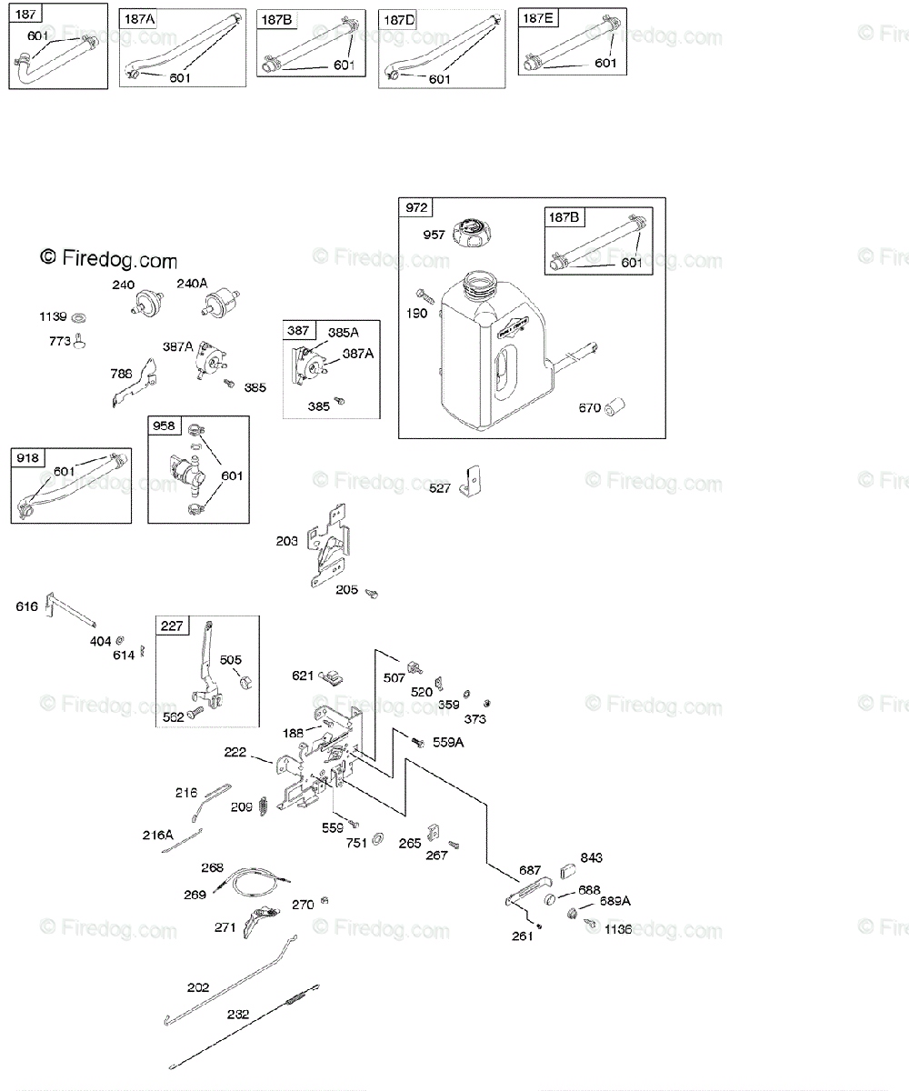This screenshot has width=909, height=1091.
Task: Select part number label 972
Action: click(x=415, y=208)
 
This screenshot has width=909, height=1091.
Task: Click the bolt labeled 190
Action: click(x=422, y=294)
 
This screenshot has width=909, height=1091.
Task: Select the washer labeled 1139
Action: click(x=80, y=317)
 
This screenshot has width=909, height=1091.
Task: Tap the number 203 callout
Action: click(x=287, y=541)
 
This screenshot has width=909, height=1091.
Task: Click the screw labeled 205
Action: click(x=371, y=594)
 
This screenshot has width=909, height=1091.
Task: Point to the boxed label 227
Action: click(x=172, y=626)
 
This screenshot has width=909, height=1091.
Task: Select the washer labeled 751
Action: click(x=378, y=836)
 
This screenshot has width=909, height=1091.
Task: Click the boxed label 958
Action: click(x=164, y=425)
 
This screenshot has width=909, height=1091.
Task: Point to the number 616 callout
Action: click(x=27, y=606)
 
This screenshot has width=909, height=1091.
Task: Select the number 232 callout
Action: click(x=238, y=1014)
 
